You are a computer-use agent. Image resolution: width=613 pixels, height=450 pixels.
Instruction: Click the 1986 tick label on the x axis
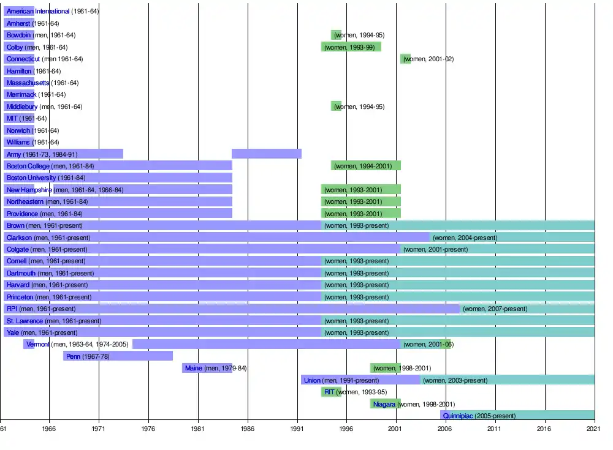248,430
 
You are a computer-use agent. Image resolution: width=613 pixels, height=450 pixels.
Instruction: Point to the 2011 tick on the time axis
495,430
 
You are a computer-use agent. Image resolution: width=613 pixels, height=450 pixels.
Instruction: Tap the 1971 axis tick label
99,430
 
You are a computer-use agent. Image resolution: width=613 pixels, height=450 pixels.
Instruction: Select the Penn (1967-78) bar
118,356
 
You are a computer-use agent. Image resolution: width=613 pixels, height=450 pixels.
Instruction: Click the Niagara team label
384,404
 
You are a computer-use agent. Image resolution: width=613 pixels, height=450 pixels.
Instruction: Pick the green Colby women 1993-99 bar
351,47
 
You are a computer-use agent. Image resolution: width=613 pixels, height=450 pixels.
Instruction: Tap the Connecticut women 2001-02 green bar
405,59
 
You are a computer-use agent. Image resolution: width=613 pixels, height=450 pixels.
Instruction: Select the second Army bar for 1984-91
266,154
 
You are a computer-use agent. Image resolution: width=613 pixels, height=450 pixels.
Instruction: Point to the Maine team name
194,368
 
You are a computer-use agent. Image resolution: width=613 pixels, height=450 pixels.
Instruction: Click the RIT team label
329,392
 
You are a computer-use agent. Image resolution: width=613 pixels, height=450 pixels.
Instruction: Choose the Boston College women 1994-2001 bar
366,166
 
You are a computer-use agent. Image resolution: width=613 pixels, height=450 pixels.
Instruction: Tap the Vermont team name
38,345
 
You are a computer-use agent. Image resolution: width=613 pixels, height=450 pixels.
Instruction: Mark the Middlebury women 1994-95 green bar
336,107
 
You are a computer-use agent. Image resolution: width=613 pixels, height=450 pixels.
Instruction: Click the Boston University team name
31,178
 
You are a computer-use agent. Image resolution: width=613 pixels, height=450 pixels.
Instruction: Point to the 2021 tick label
594,430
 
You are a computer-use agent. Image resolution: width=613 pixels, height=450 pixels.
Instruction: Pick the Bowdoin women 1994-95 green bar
336,35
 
